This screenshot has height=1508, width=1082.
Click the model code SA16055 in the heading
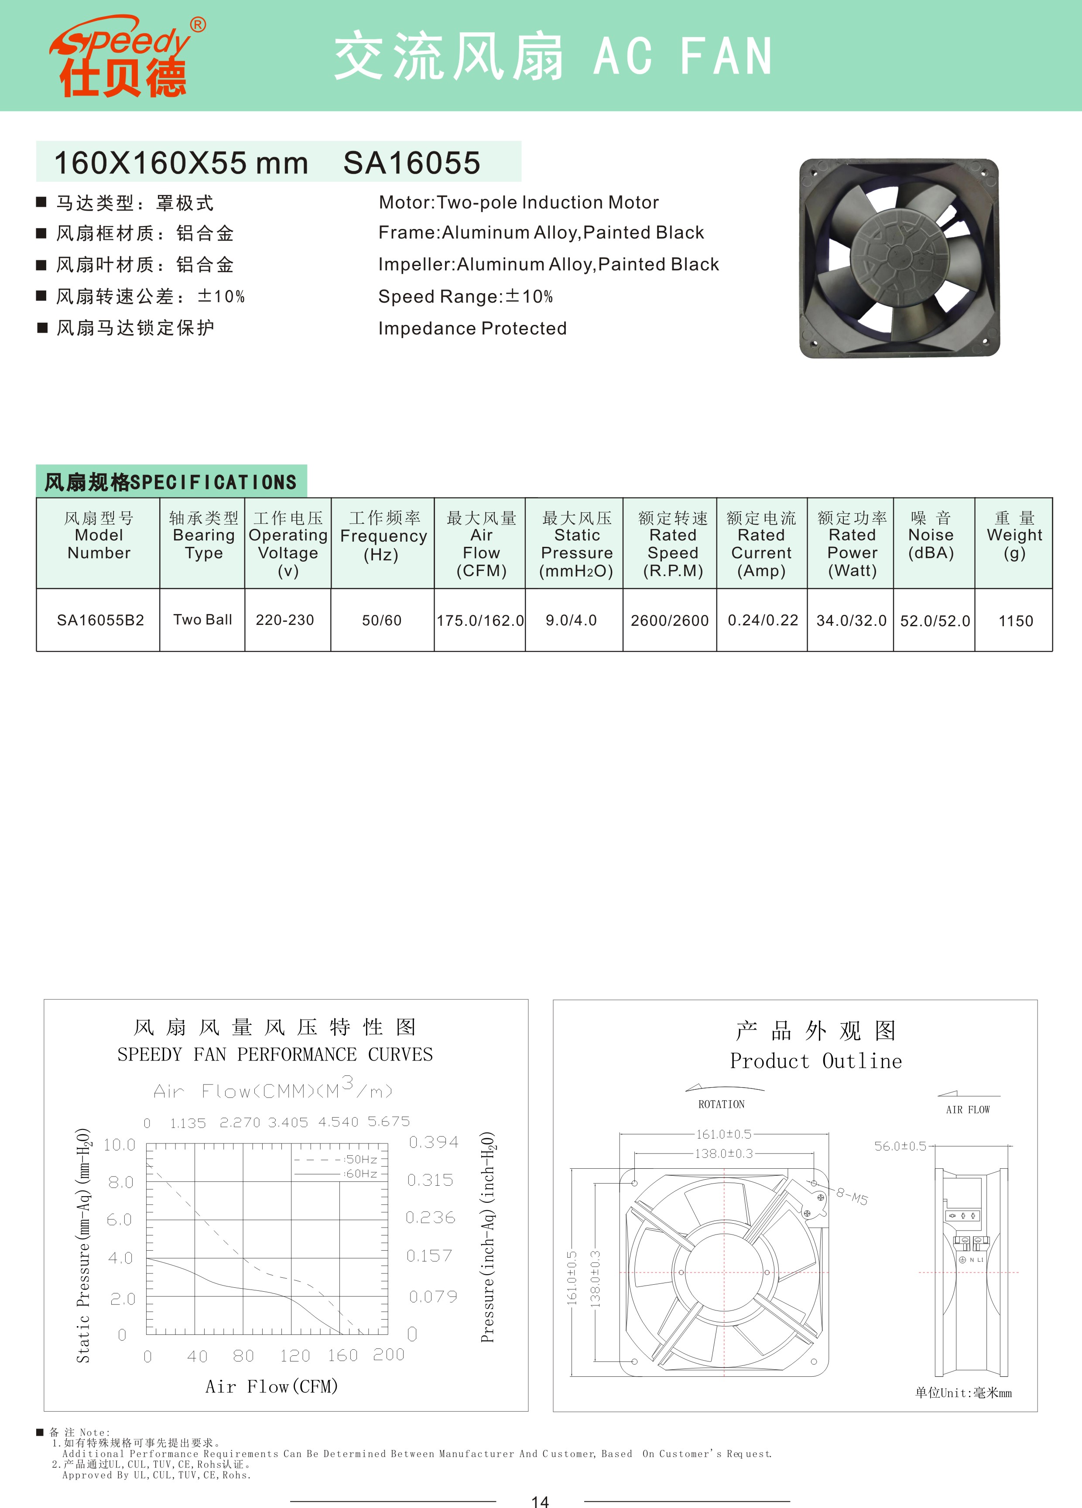click(x=412, y=163)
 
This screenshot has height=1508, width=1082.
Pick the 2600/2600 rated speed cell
click(x=670, y=621)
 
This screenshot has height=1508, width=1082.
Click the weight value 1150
click(x=1016, y=621)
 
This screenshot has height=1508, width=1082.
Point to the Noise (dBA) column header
click(x=931, y=535)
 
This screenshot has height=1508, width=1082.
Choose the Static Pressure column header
click(x=577, y=544)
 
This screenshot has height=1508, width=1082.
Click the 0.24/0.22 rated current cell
click(x=763, y=621)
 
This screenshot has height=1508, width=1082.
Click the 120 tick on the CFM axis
click(x=294, y=1356)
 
